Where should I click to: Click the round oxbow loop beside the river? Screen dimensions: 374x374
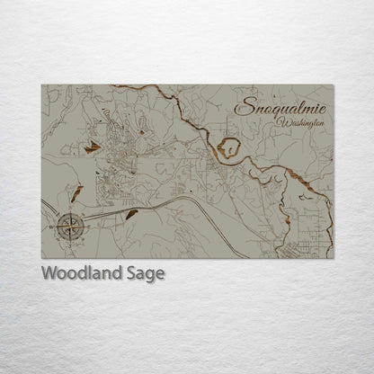(x=230, y=147)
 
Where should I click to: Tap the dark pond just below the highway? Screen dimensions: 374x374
(x=132, y=214)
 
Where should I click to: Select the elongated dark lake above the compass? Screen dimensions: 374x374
(x=77, y=194)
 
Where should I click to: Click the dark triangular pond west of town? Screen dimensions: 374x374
(x=92, y=147)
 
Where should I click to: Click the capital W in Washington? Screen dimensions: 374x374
(x=282, y=120)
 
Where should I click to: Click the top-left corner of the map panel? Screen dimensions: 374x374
(x=42, y=85)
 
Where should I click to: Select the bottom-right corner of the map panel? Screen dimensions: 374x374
(x=333, y=258)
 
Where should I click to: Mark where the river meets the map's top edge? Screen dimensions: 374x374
(x=112, y=85)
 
